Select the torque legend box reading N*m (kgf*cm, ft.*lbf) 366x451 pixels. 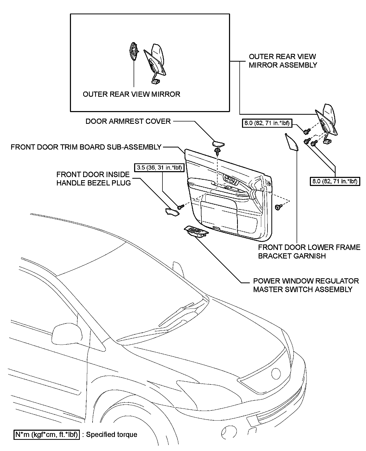47,435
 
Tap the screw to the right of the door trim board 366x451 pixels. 278,207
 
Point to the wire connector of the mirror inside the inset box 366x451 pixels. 155,82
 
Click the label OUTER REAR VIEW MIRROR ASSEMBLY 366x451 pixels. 283,61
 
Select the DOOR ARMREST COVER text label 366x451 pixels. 128,121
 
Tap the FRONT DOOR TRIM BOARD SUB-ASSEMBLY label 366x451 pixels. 86,147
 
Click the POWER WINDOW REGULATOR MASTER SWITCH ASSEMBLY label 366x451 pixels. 306,285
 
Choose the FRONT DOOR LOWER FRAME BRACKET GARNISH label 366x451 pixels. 309,252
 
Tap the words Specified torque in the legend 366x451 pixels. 112,435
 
